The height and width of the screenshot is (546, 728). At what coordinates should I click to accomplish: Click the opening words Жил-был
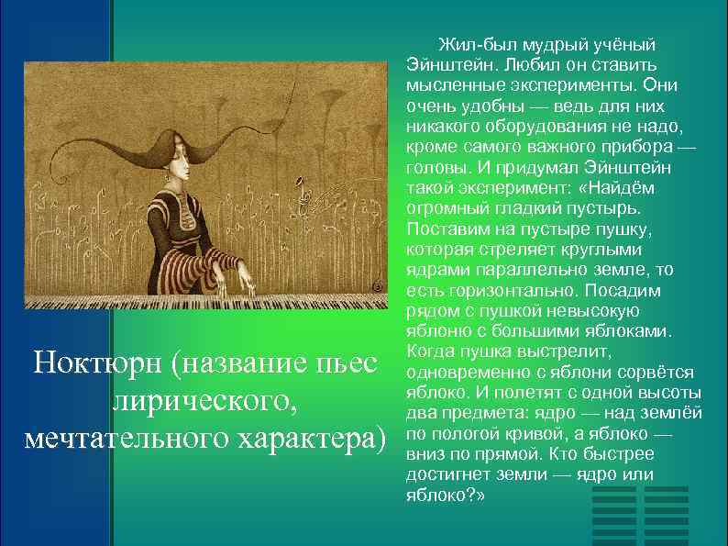pos(469,44)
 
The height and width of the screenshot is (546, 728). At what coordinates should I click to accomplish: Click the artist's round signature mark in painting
pos(376,286)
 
